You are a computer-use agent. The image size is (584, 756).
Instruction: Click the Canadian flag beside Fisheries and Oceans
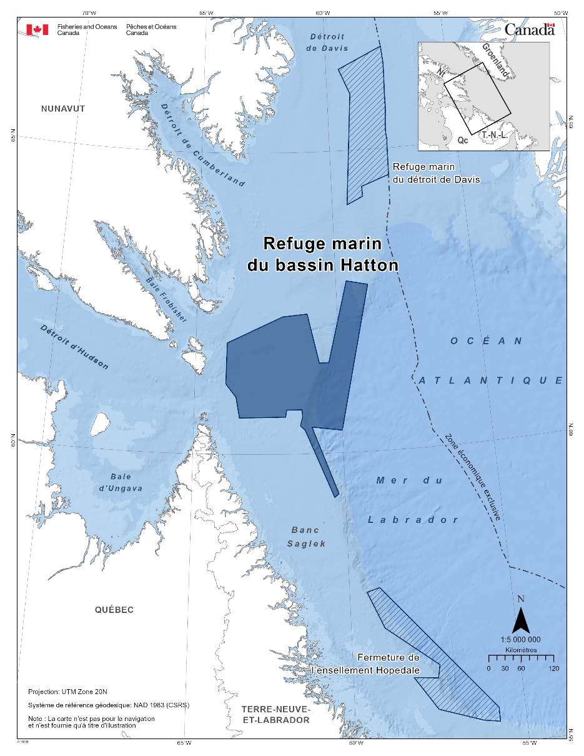tap(37, 29)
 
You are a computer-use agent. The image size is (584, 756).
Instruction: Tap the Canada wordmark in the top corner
tap(529, 29)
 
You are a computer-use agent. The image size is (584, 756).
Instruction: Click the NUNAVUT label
tap(62, 109)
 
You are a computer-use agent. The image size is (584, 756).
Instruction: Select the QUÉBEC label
tap(114, 610)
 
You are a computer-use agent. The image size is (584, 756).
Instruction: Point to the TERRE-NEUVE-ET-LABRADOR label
tap(275, 715)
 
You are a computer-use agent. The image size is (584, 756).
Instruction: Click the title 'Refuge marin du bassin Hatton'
tap(322, 254)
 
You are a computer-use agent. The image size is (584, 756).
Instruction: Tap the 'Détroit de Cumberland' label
tap(202, 144)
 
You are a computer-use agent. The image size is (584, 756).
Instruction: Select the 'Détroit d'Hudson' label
tap(74, 347)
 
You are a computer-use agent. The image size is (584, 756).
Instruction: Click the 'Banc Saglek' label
tap(307, 537)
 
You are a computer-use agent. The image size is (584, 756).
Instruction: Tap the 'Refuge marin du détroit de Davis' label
tap(436, 173)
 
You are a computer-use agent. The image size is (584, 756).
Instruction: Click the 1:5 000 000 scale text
tap(521, 639)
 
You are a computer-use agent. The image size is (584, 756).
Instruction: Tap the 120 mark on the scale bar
tap(553, 669)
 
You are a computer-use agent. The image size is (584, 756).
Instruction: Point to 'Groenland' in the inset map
tap(496, 61)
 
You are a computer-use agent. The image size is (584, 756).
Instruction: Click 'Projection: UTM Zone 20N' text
tap(68, 692)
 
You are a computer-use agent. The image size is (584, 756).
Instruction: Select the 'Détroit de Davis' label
tap(329, 42)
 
